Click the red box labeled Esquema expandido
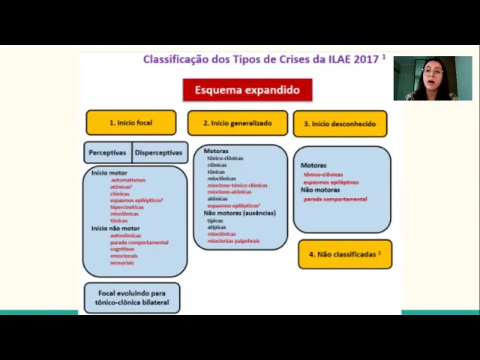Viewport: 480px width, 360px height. [x=247, y=90]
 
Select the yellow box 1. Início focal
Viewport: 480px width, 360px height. [x=131, y=122]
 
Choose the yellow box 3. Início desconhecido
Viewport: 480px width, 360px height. [x=340, y=124]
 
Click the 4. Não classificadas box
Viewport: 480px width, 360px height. [x=345, y=254]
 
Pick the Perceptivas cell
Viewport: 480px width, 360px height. [x=107, y=152]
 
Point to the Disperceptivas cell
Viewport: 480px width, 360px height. [x=159, y=152]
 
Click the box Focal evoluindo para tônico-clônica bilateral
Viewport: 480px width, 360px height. [x=132, y=298]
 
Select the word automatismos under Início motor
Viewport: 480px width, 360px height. [x=128, y=180]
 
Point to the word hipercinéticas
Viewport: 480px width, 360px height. [x=127, y=207]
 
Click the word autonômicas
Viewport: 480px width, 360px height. [x=125, y=235]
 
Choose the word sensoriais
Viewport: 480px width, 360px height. [x=122, y=262]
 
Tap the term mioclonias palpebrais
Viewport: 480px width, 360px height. [x=233, y=241]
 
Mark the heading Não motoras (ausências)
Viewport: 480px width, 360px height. [x=240, y=213]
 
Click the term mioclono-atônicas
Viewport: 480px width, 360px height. [x=229, y=192]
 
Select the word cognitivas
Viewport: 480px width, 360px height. [x=122, y=249]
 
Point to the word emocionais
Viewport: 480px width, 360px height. [x=124, y=256]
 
